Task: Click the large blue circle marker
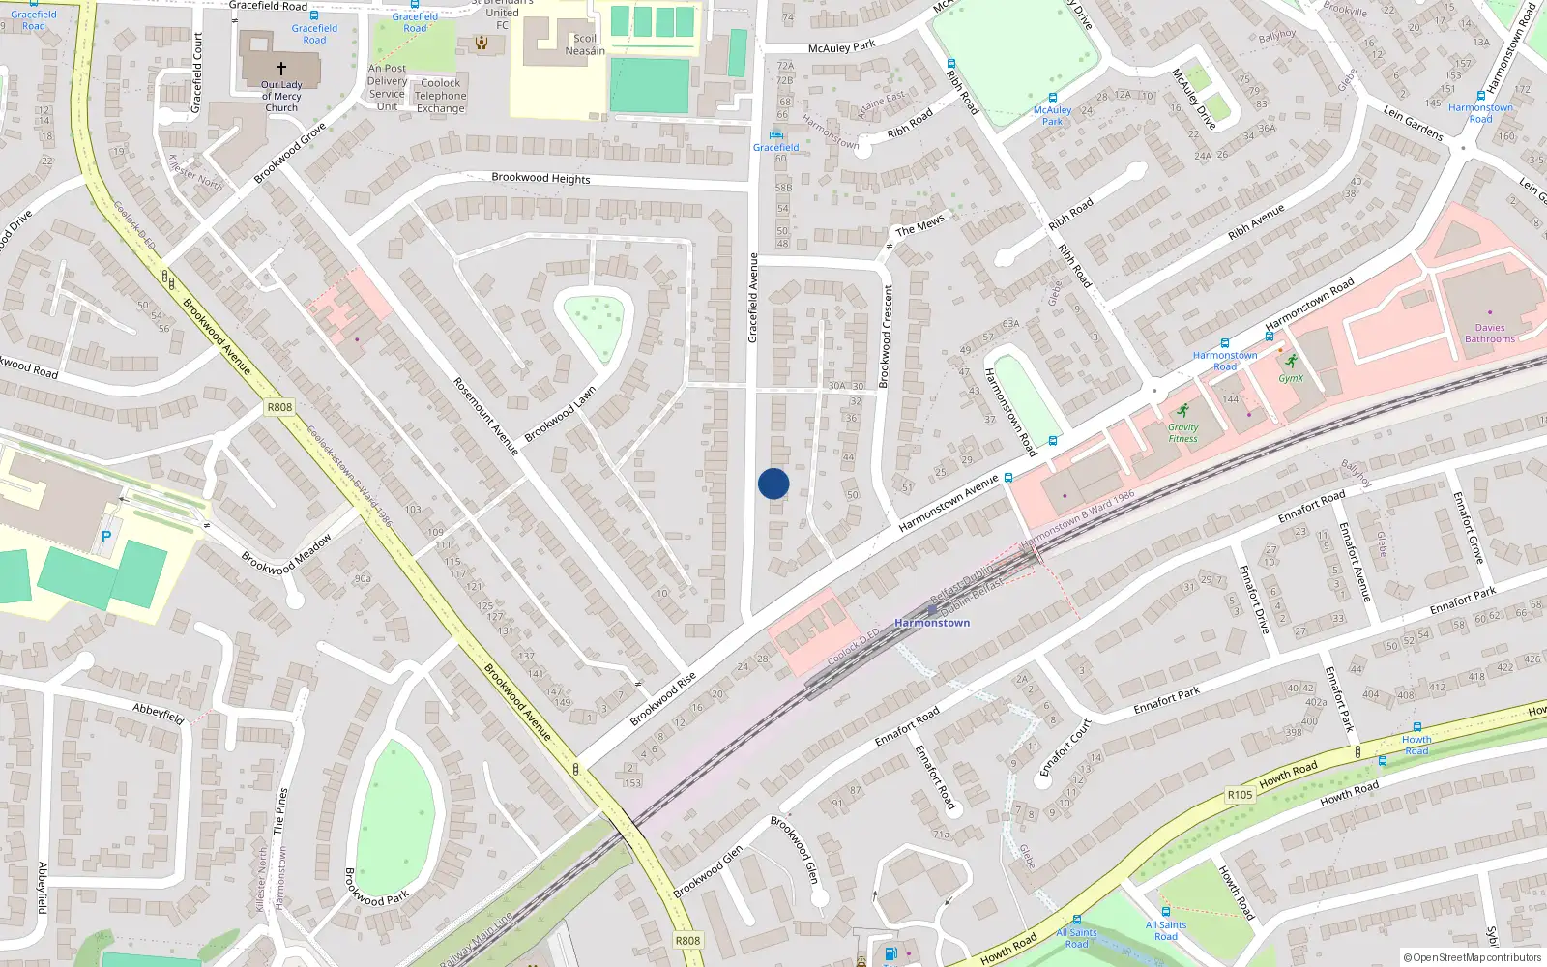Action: (773, 483)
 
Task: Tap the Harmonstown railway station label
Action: (931, 623)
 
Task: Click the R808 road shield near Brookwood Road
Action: (279, 407)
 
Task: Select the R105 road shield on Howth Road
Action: (1240, 795)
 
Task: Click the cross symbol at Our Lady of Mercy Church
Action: (281, 69)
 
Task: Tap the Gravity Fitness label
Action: (1182, 432)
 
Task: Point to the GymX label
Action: (1291, 378)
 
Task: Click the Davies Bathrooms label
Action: (1489, 334)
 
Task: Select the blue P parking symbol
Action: (106, 536)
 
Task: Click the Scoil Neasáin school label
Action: (585, 44)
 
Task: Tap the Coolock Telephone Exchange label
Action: (440, 96)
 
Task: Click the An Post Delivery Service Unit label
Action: (387, 87)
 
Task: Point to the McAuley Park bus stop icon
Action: (1052, 98)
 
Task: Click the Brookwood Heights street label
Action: (540, 178)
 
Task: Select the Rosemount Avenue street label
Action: (486, 416)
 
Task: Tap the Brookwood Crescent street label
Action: (886, 336)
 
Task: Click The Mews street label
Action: (919, 225)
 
